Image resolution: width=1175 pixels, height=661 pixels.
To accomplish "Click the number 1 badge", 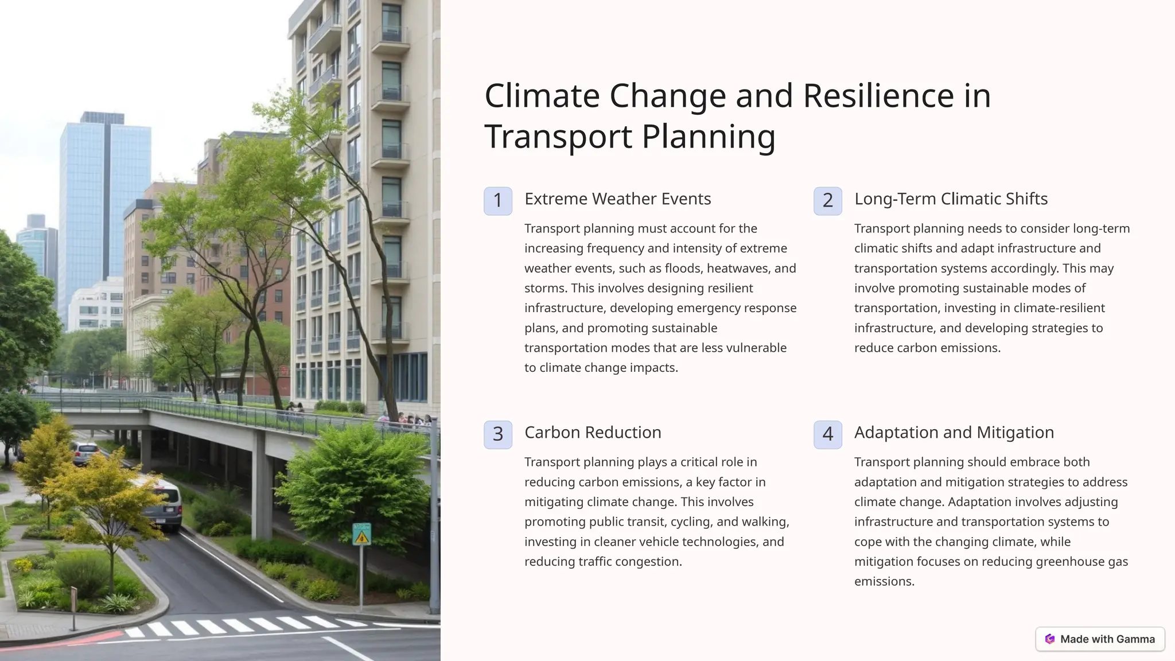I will [497, 201].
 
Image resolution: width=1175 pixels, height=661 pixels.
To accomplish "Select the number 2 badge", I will [827, 201].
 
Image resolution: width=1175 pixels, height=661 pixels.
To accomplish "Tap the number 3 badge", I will [497, 434].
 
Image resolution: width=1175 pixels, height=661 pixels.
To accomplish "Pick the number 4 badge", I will [827, 434].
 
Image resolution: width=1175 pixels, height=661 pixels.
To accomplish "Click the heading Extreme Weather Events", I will [617, 199].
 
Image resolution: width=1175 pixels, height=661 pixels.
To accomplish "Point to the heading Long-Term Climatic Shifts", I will [951, 199].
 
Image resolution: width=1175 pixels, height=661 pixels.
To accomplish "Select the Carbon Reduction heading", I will [593, 433].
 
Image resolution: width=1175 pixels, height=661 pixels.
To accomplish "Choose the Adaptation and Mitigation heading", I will [954, 433].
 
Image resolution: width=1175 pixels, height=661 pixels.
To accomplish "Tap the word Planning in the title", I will [708, 137].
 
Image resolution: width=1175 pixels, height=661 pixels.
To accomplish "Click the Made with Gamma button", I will [1100, 639].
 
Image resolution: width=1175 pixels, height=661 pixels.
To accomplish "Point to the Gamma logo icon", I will [1050, 639].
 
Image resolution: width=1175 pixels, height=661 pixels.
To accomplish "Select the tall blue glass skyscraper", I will [104, 212].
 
